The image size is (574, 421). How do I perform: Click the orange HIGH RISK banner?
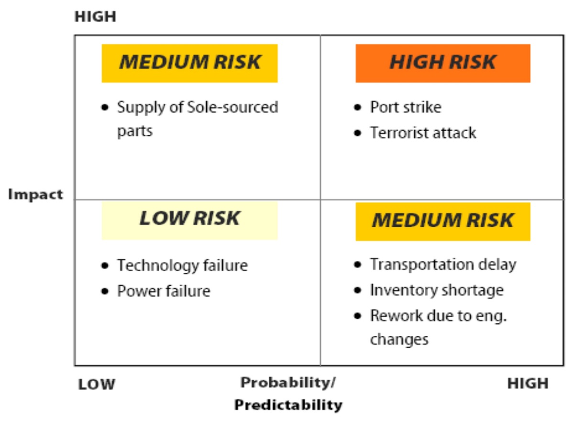click(443, 63)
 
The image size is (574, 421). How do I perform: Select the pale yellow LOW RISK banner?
click(189, 221)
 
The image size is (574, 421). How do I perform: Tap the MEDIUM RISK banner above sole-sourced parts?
click(189, 63)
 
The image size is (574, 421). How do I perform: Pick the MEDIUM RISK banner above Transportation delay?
click(443, 222)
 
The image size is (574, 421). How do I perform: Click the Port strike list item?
click(406, 107)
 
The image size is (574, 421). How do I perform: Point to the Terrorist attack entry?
click(423, 133)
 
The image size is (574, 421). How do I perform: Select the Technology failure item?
click(182, 266)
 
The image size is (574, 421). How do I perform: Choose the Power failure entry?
click(164, 291)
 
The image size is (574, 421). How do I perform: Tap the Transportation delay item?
click(443, 265)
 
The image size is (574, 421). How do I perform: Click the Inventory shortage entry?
click(437, 290)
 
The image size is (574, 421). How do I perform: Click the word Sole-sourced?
click(232, 107)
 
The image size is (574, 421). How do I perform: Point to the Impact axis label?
click(35, 195)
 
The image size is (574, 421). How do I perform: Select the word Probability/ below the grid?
click(288, 383)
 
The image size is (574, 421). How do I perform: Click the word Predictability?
click(288, 405)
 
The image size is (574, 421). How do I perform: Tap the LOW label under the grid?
click(97, 384)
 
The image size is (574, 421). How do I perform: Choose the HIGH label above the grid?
click(95, 17)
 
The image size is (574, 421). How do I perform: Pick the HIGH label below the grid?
click(528, 384)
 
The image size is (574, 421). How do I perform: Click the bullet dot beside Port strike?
click(357, 107)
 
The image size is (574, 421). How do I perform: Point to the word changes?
click(399, 340)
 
